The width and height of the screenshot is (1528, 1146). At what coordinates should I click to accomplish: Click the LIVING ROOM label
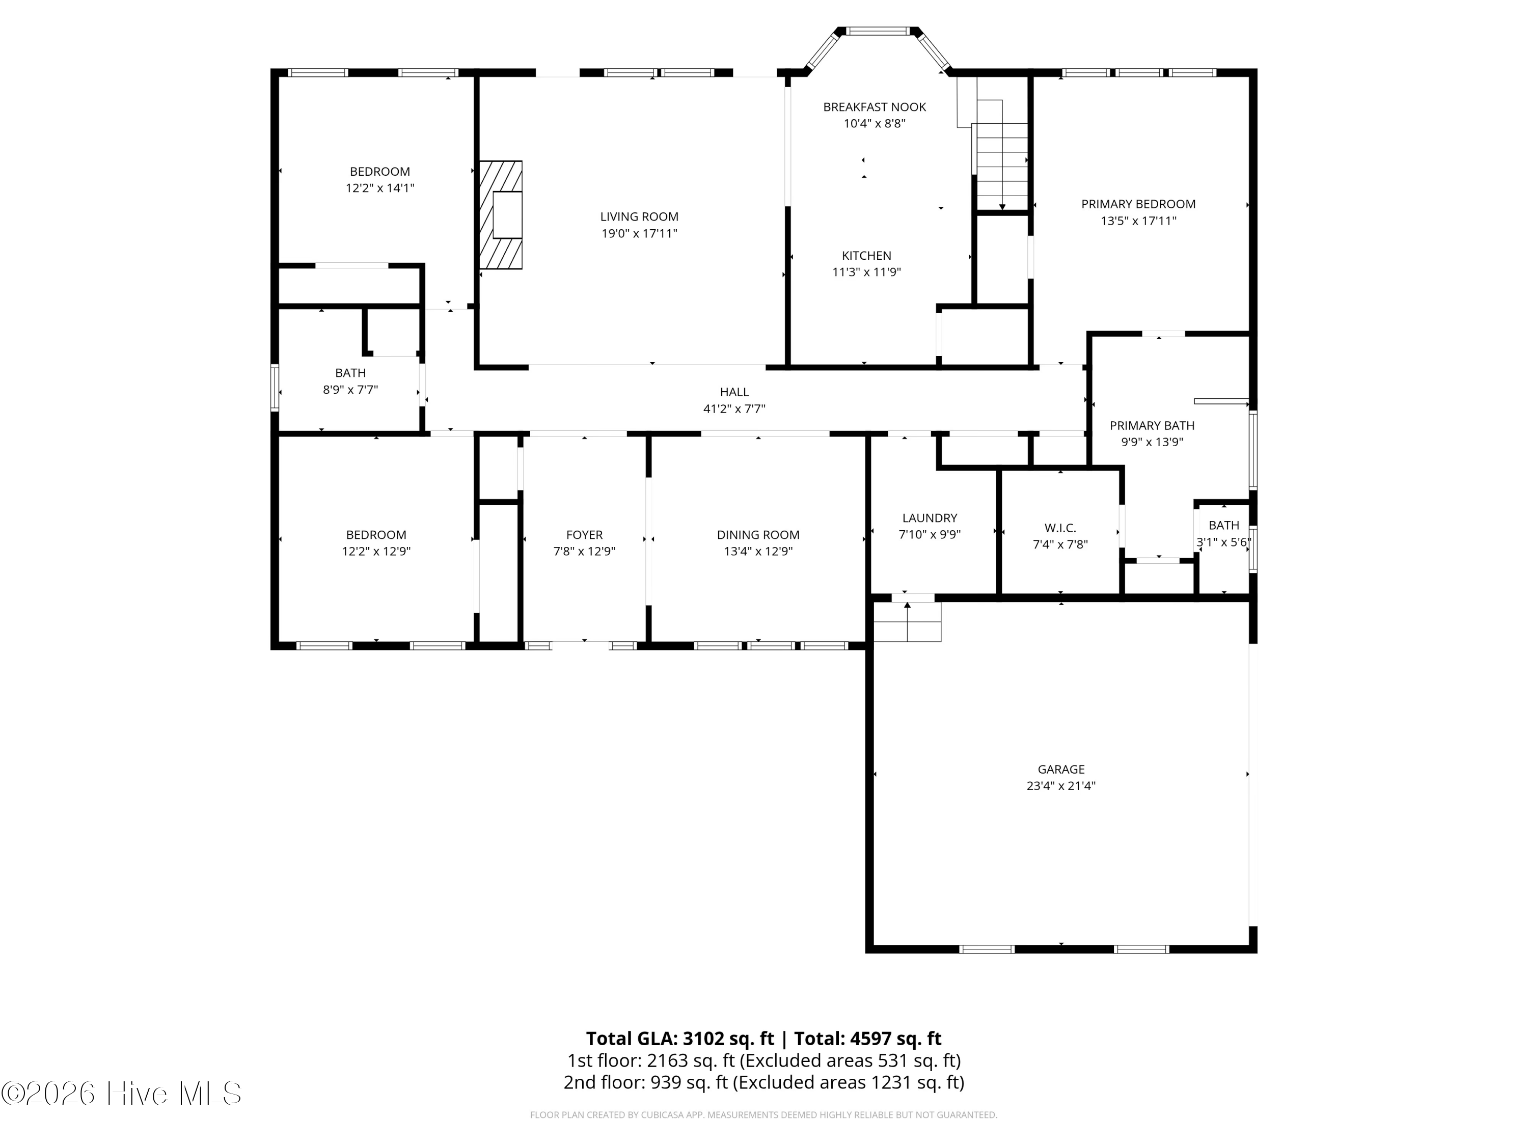point(639,217)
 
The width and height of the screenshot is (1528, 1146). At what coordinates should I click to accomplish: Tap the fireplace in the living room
point(501,215)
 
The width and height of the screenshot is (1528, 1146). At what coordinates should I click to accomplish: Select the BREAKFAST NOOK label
point(875,107)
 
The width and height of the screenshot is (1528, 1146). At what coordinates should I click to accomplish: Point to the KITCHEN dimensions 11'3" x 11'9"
point(866,272)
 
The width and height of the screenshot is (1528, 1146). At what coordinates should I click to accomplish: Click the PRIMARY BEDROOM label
point(1138,204)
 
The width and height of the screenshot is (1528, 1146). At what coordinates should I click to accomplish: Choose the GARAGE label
point(1061,769)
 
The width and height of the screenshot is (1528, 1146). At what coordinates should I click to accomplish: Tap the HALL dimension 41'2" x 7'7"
point(734,409)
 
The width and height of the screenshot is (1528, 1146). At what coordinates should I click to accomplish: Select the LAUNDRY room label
point(930,518)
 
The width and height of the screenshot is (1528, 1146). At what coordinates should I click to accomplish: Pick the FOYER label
point(584,535)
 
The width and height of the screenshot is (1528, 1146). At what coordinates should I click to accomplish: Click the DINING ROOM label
point(758,535)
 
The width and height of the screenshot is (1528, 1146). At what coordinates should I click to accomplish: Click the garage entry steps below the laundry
point(907,622)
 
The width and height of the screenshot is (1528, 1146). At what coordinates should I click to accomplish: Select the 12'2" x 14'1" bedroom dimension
point(380,188)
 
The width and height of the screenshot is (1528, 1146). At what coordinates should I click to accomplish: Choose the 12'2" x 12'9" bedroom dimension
point(376,551)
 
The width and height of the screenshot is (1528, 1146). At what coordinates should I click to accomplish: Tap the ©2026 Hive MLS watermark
point(122,1094)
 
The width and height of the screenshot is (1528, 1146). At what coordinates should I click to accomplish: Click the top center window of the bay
point(879,31)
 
